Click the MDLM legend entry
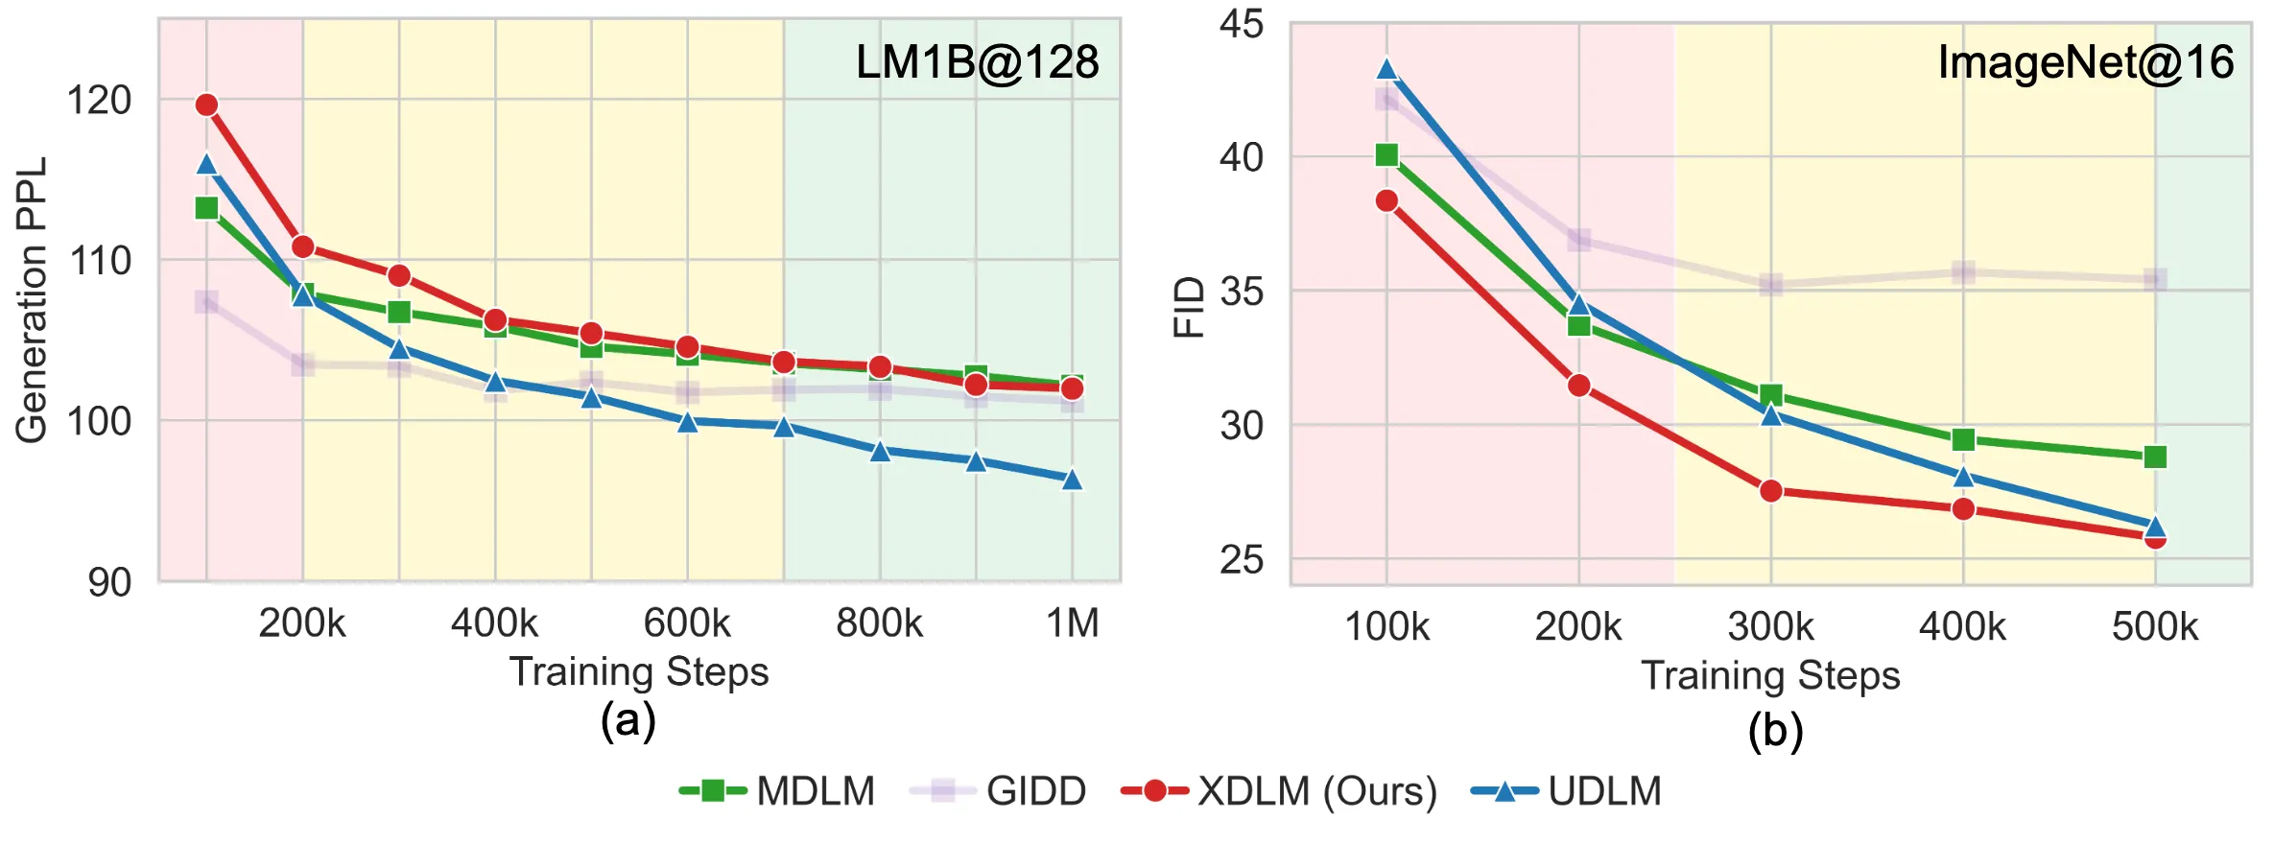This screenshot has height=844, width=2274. pyautogui.click(x=777, y=791)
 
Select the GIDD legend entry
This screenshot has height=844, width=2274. pyautogui.click(x=998, y=791)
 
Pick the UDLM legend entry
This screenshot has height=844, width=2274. pyautogui.click(x=1567, y=791)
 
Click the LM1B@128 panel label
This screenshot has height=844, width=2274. pyautogui.click(x=977, y=62)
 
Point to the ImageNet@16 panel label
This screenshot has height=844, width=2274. pyautogui.click(x=2086, y=62)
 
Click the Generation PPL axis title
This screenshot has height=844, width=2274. pyautogui.click(x=32, y=300)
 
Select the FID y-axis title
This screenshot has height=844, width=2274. pyautogui.click(x=1189, y=307)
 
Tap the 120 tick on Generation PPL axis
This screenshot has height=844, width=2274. pyautogui.click(x=99, y=100)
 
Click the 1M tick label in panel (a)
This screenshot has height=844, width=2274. pyautogui.click(x=1072, y=623)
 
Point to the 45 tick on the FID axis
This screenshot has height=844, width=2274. pyautogui.click(x=1242, y=24)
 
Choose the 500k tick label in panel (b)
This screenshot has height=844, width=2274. pyautogui.click(x=2155, y=627)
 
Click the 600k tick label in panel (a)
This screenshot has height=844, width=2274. pyautogui.click(x=687, y=623)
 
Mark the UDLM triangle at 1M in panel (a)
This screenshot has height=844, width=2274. pyautogui.click(x=1072, y=479)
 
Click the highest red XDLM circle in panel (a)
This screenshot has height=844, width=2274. pyautogui.click(x=206, y=105)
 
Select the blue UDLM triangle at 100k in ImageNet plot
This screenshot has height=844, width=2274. pyautogui.click(x=1386, y=68)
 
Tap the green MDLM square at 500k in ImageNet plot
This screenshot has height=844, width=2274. pyautogui.click(x=2155, y=457)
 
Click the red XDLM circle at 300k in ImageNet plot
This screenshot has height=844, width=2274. pyautogui.click(x=1771, y=491)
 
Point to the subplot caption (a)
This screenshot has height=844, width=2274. pyautogui.click(x=628, y=720)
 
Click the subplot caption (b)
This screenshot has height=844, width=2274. pyautogui.click(x=1775, y=731)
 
